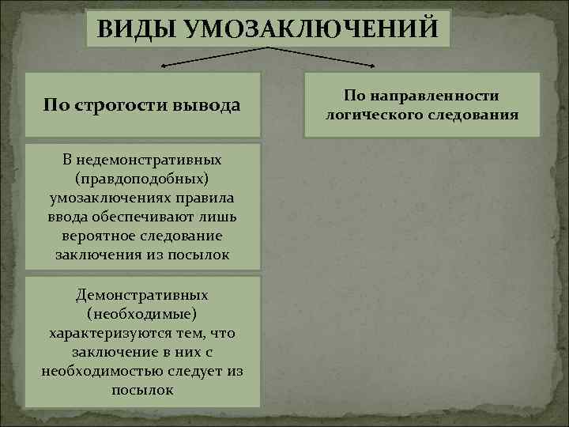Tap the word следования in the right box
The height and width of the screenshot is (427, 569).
(x=477, y=114)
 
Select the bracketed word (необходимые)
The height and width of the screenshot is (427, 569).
(x=142, y=314)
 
